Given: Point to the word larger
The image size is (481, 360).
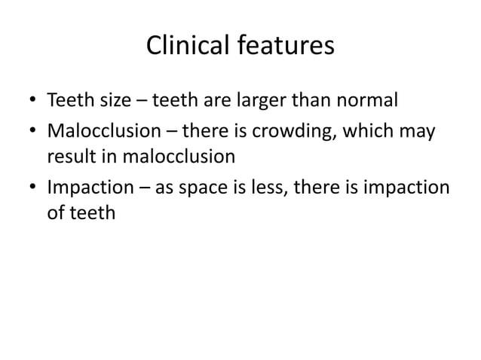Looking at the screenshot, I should click(283, 100).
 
